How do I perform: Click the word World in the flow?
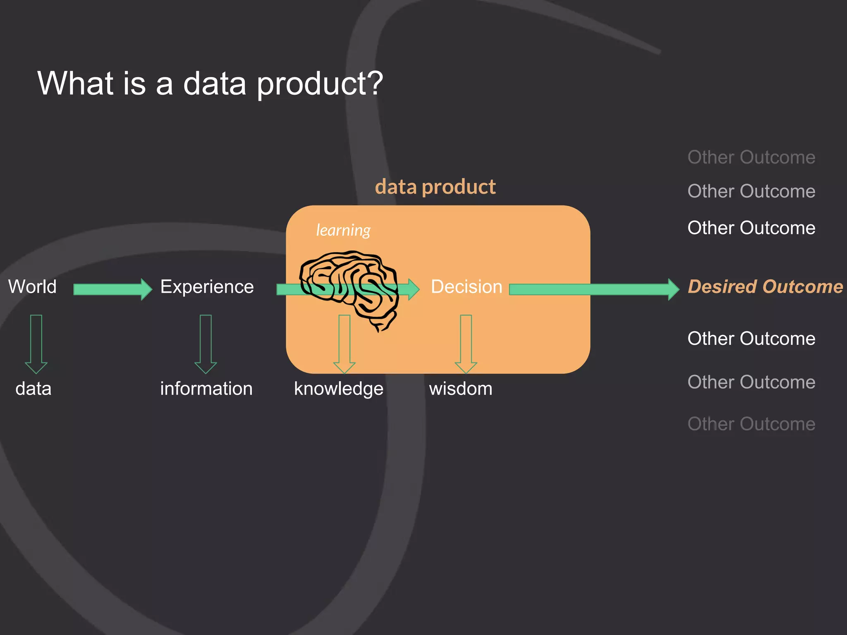pos(32,286)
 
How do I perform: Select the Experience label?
pos(207,286)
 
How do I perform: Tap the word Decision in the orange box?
pos(467,286)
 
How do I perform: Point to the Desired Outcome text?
pos(765,286)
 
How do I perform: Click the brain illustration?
pos(349,287)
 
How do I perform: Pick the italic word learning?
pos(343,230)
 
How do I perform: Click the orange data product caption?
pos(435,187)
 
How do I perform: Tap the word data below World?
pos(33,389)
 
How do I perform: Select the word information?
pos(206,389)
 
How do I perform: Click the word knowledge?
pos(339,389)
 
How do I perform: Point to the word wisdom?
pos(461,389)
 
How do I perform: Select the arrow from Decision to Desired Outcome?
pos(594,289)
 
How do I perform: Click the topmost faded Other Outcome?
pos(751,157)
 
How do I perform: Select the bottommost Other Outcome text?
pos(751,424)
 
